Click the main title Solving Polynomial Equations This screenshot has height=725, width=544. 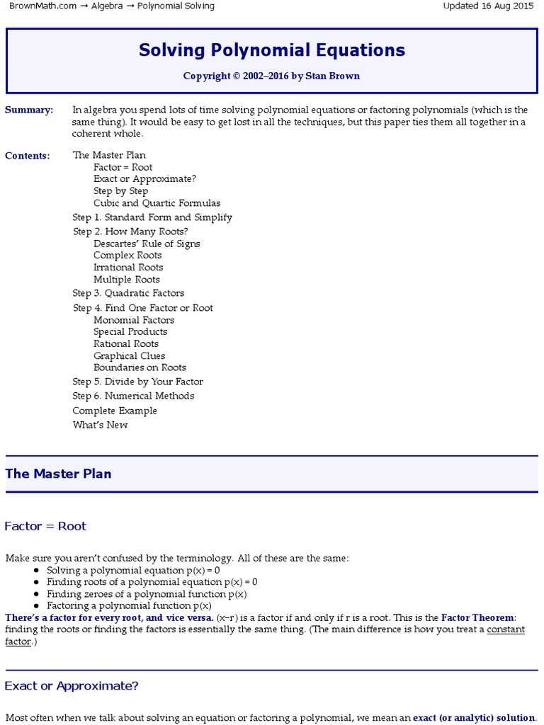272,50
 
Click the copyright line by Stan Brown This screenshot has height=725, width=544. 272,76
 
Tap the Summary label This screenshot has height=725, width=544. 29,110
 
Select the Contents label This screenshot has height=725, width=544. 28,156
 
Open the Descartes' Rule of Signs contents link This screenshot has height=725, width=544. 147,244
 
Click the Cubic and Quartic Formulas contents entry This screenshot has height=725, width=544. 157,203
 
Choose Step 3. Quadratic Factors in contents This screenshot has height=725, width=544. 128,293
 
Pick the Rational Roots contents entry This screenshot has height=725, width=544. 126,343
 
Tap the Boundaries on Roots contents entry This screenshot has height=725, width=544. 140,367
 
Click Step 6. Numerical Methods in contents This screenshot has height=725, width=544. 133,396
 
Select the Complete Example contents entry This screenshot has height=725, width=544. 115,411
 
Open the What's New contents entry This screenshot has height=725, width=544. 100,425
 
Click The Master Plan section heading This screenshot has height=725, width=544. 58,474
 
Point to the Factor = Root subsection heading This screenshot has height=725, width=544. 45,526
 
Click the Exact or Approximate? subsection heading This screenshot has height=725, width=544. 72,686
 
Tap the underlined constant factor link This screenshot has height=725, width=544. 506,629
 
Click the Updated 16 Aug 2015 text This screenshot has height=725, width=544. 488,6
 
